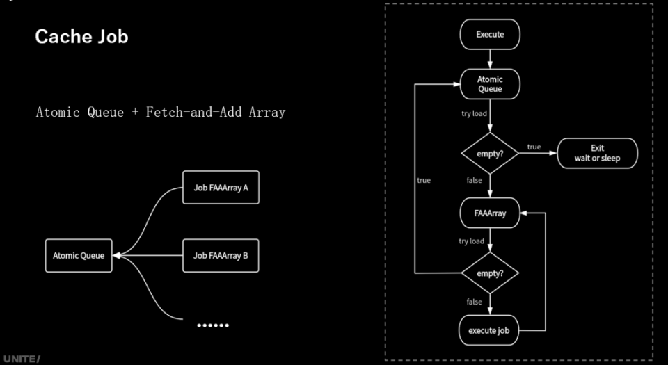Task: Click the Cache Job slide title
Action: [81, 37]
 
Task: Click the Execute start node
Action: [490, 34]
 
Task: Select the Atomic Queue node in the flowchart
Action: [490, 84]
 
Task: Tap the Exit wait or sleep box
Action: [598, 153]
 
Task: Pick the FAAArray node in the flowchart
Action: [490, 214]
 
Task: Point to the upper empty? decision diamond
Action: [490, 153]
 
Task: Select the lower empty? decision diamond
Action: [490, 273]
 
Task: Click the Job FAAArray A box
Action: [221, 188]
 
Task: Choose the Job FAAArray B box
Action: [221, 256]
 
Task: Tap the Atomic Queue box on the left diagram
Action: [79, 256]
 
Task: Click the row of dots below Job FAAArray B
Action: [212, 325]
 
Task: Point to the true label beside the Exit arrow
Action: [534, 147]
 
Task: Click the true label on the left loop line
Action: [424, 181]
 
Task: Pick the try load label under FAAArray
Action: [471, 241]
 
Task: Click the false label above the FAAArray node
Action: [474, 180]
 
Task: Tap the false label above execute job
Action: [474, 302]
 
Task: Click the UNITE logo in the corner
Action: [21, 359]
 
